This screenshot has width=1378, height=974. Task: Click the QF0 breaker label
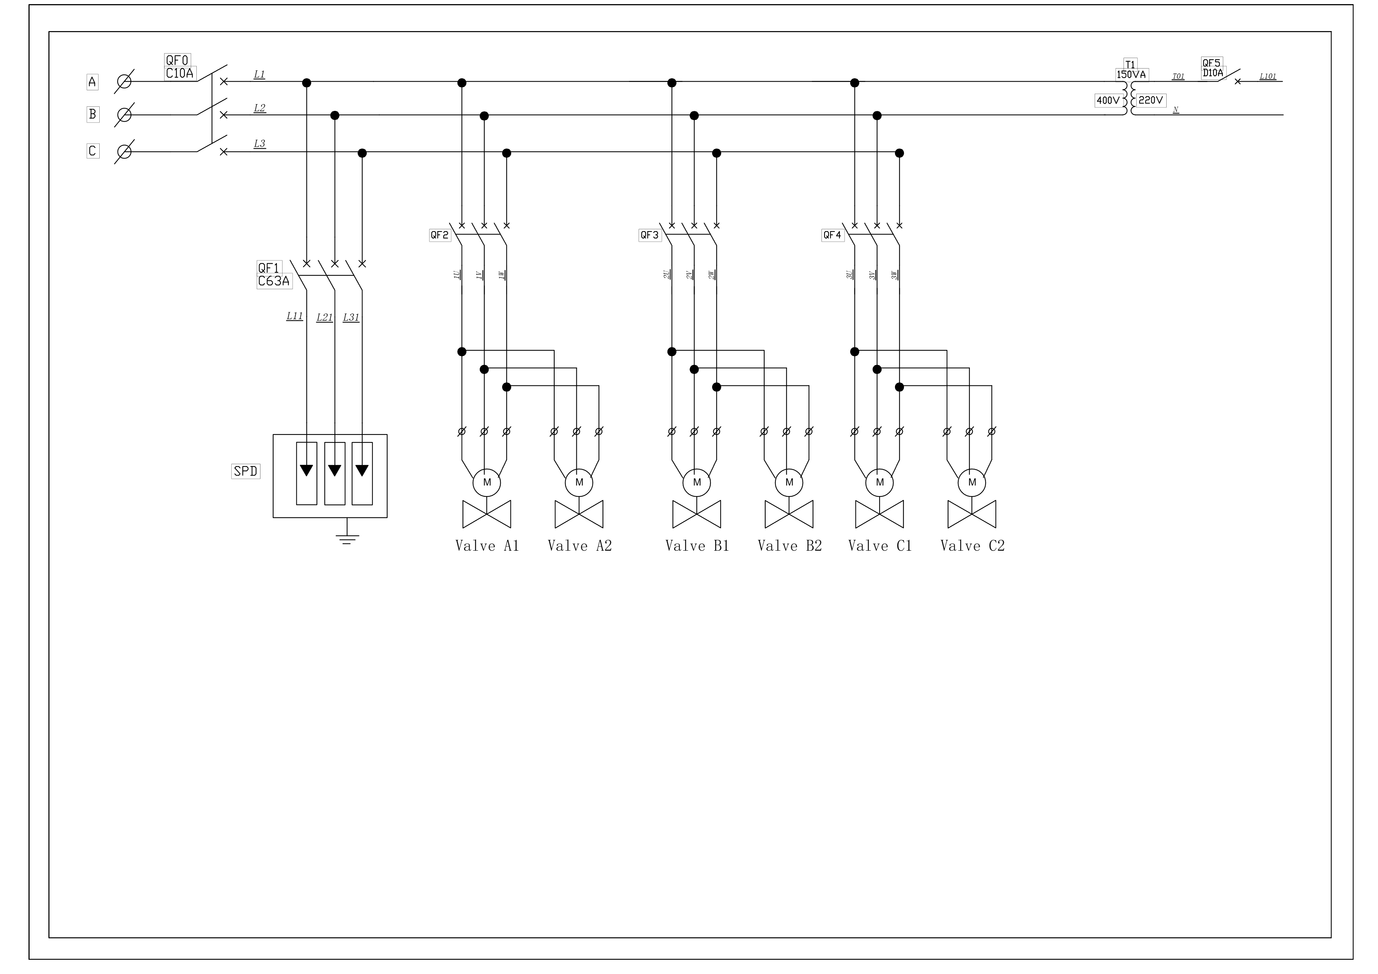(x=177, y=60)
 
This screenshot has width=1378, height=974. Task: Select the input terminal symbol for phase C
(x=124, y=151)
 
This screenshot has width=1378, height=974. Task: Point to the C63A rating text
(x=274, y=281)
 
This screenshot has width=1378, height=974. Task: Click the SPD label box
(x=245, y=471)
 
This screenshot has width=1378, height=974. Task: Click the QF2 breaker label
(x=439, y=235)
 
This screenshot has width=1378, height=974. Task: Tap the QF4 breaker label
(x=832, y=235)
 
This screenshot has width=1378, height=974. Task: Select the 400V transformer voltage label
(x=1108, y=100)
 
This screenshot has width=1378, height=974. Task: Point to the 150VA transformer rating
(x=1131, y=75)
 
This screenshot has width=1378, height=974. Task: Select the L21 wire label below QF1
(x=325, y=317)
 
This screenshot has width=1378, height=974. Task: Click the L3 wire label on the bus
(x=259, y=144)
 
